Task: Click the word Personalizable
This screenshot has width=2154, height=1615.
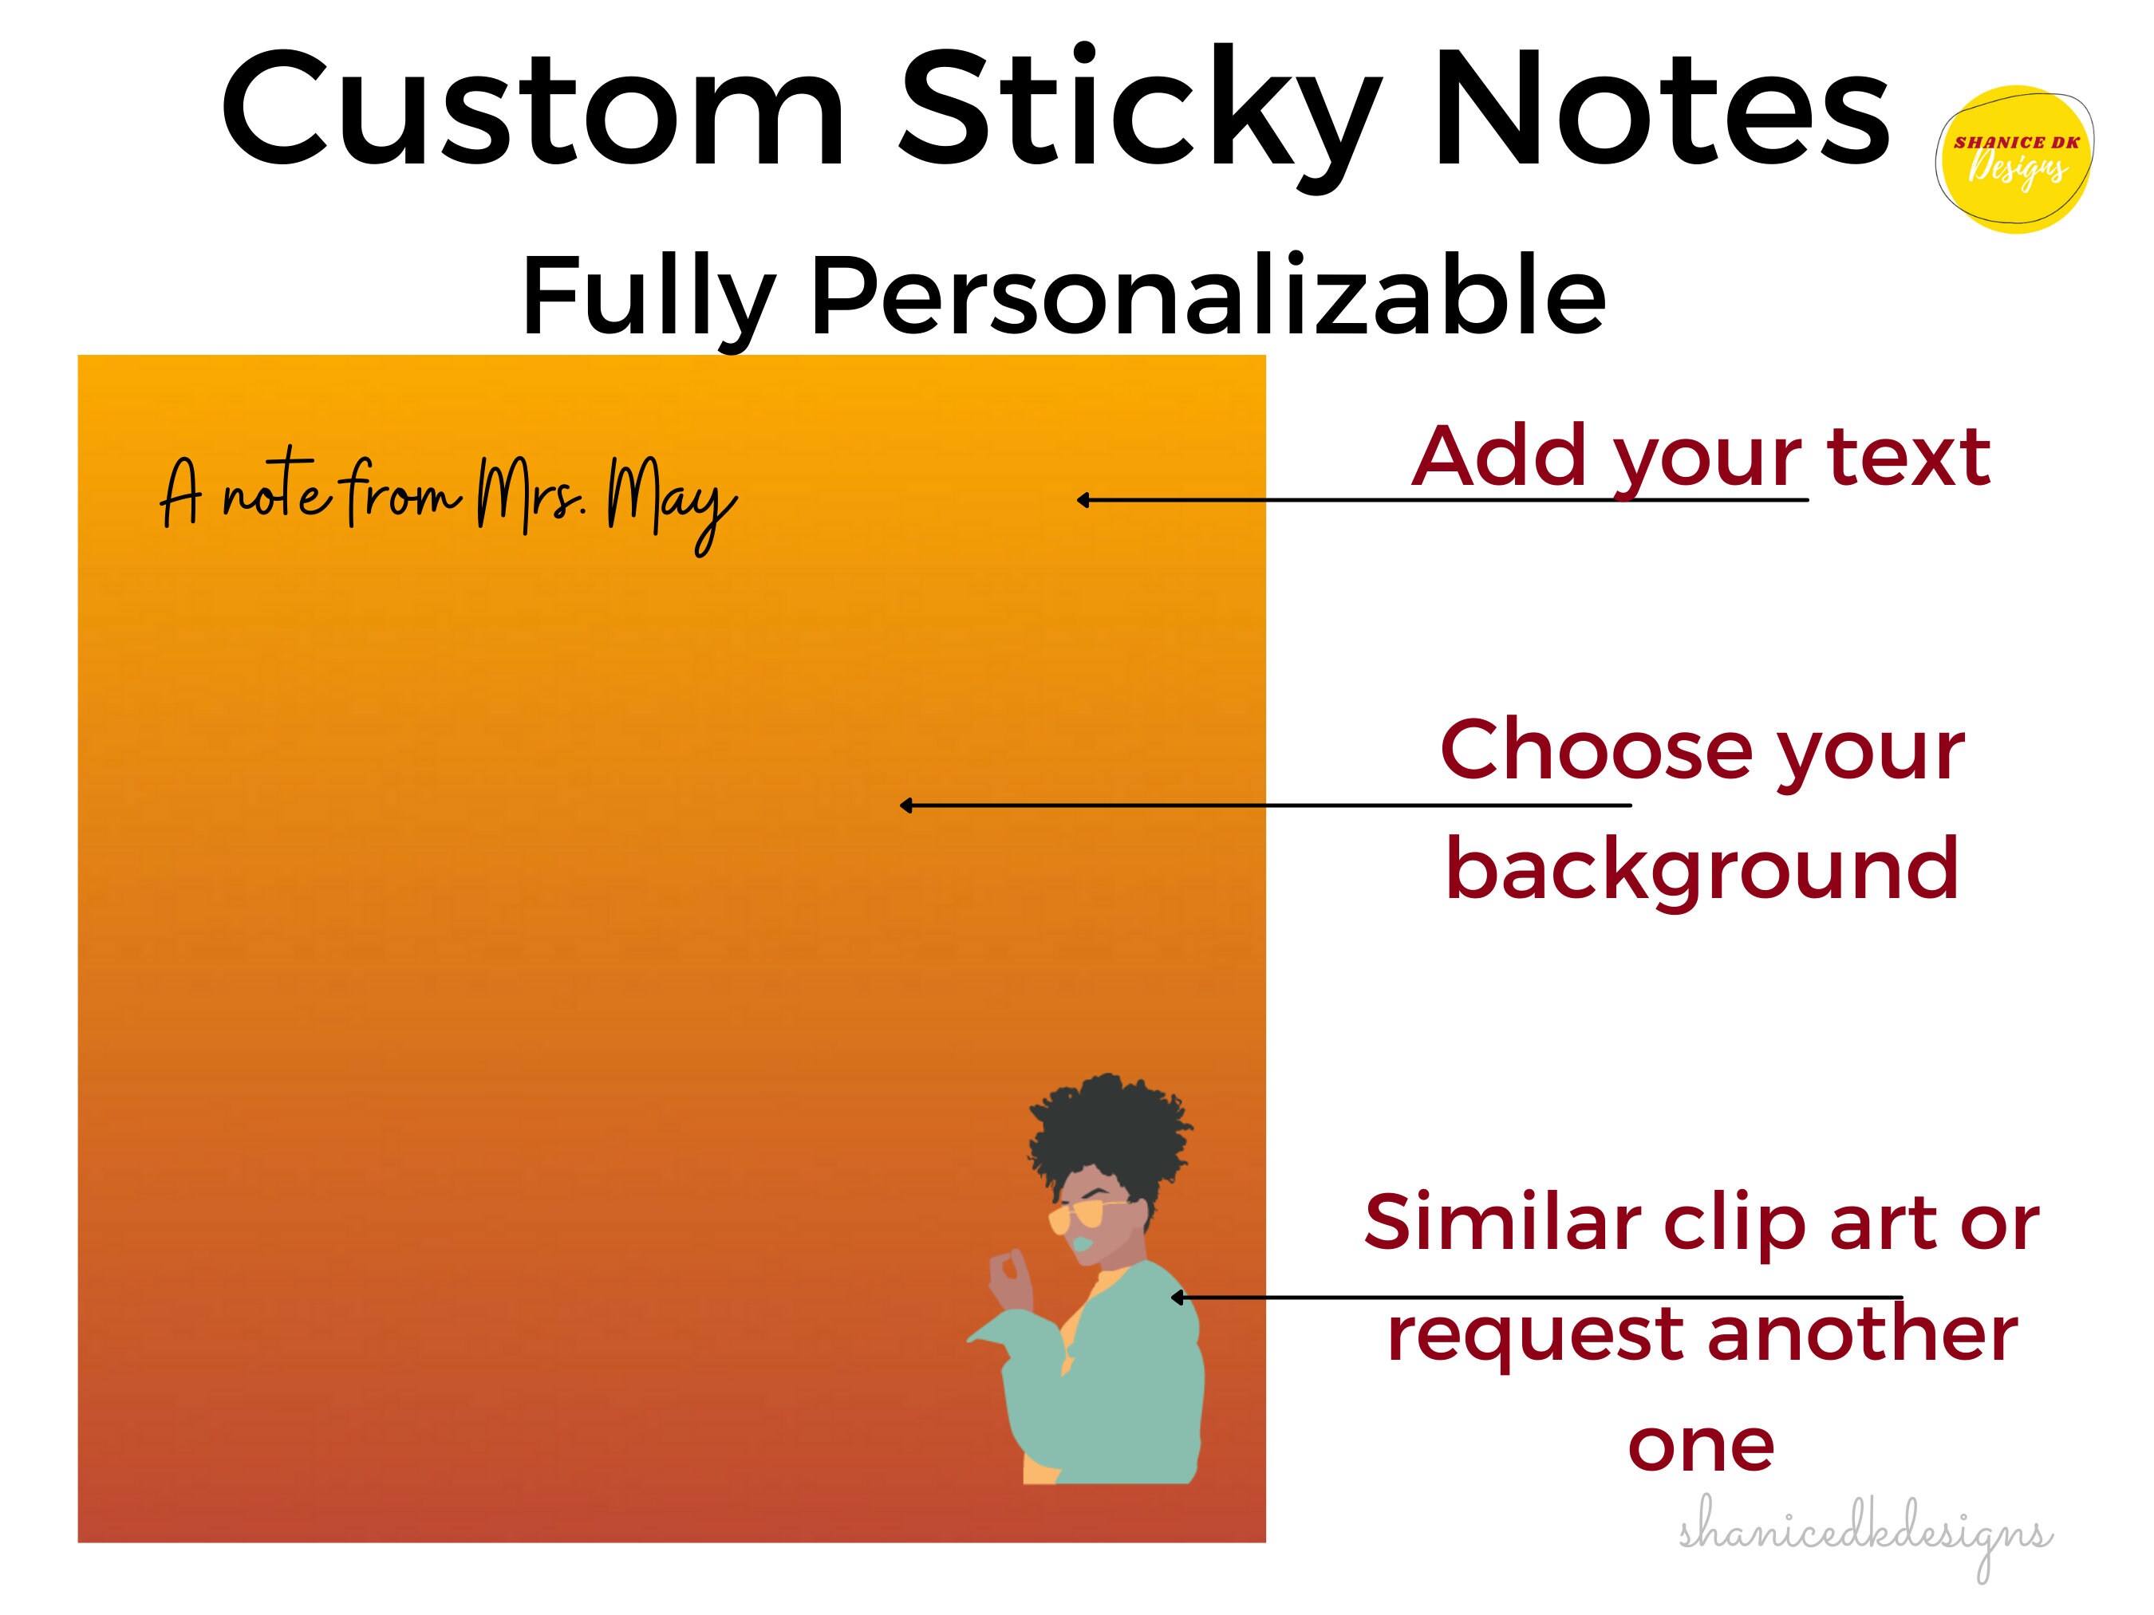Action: tap(1208, 294)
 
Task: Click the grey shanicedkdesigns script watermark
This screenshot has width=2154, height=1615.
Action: tap(1864, 1538)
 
